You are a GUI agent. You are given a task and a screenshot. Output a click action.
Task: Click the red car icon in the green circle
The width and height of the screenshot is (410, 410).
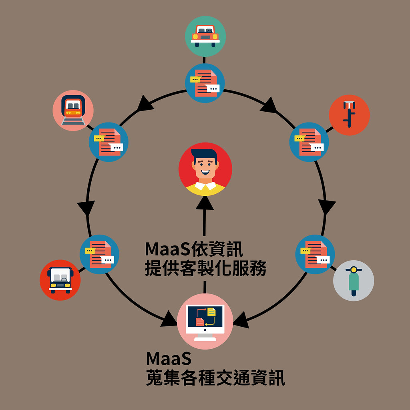click(x=205, y=36)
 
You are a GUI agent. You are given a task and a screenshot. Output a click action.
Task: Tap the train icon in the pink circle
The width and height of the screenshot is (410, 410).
click(x=73, y=110)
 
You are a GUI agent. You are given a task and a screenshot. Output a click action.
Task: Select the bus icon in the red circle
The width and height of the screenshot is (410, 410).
click(x=60, y=280)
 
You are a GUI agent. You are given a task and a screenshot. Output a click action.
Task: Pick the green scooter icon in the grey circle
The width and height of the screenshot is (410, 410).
click(x=354, y=281)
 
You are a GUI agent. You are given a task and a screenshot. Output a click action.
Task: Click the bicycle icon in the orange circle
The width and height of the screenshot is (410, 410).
click(x=349, y=115)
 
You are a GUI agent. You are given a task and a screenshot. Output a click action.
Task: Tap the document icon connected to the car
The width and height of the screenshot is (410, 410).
click(x=205, y=83)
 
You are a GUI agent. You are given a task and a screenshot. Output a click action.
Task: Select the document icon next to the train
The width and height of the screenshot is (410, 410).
click(x=109, y=142)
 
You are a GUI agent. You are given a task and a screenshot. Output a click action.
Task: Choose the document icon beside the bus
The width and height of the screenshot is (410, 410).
click(x=99, y=254)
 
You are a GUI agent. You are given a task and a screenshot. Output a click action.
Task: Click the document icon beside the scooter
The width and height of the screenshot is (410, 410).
click(x=315, y=254)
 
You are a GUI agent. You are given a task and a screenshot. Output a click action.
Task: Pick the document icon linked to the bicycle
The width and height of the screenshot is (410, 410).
click(x=309, y=142)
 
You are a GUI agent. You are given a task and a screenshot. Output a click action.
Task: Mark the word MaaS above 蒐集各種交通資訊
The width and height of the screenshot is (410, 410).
click(x=169, y=358)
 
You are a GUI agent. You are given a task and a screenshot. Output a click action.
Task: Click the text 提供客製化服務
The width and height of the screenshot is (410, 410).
click(x=205, y=268)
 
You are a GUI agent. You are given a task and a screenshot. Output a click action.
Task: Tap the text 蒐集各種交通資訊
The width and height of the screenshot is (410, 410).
click(x=215, y=378)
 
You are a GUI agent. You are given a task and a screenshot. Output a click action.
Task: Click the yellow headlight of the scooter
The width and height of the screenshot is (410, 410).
click(x=354, y=269)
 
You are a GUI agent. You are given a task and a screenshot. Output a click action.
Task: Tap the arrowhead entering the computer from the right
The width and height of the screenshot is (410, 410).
click(x=241, y=320)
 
